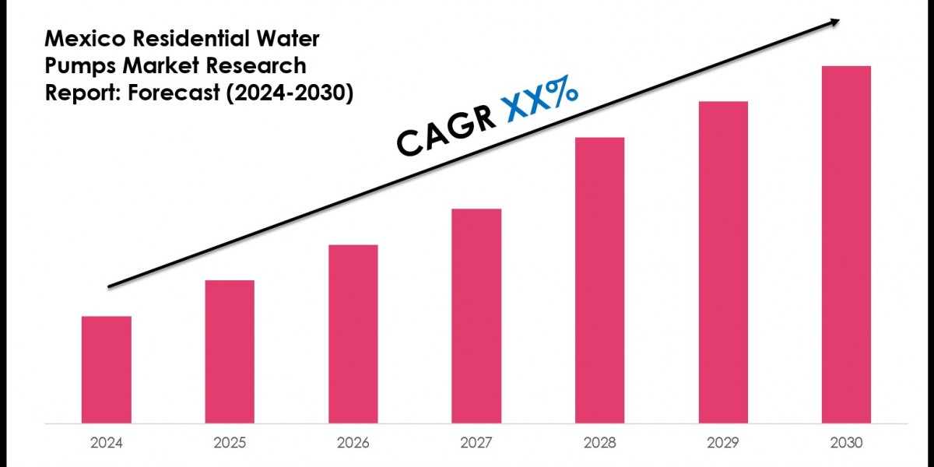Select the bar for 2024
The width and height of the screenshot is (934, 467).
point(106,370)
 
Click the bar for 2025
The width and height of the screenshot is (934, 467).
point(230,352)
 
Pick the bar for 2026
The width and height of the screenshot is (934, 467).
point(353,335)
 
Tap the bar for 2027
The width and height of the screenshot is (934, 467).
point(476,316)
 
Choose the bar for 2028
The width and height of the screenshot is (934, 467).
point(599,280)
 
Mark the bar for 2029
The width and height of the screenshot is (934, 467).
point(722,262)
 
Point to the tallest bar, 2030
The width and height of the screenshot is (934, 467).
point(846,245)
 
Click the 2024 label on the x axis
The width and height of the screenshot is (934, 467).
point(106,443)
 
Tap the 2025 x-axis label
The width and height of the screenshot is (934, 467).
point(230,443)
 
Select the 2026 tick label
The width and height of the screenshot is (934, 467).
point(353,443)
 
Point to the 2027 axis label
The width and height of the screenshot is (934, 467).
point(476,443)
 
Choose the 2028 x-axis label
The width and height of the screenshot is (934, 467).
point(599,443)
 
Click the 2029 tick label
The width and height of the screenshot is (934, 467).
point(722,443)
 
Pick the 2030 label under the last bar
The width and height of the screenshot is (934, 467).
point(846,443)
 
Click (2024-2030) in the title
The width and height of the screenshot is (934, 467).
point(288,93)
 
